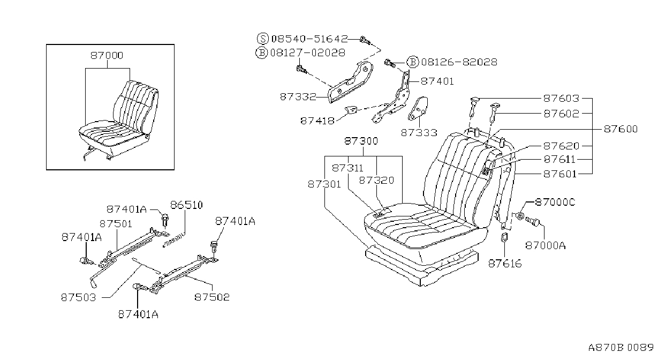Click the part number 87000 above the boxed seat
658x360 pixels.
tap(107, 56)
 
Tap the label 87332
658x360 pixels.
tap(298, 96)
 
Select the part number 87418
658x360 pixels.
tap(317, 121)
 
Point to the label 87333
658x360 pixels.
tap(419, 133)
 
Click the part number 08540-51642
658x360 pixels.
tap(309, 39)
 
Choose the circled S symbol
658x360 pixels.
tap(263, 39)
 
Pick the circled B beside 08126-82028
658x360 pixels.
tap(412, 62)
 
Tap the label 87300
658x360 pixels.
tap(361, 141)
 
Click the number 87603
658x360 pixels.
tap(561, 98)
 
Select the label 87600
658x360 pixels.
tap(621, 129)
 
